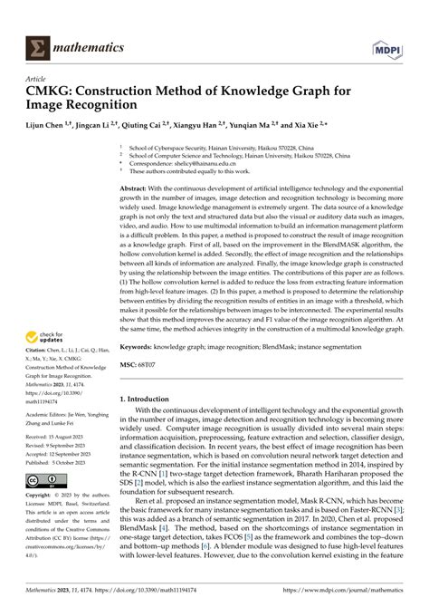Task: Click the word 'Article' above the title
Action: [37, 78]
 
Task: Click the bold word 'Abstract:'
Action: [138, 187]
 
